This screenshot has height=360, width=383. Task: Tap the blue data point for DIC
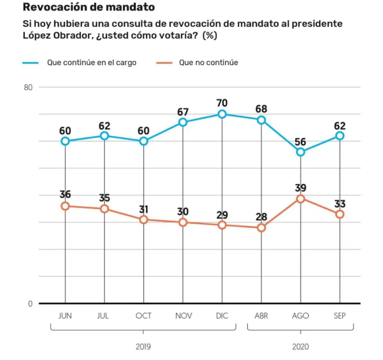pyautogui.click(x=222, y=114)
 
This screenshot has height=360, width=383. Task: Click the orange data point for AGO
pyautogui.click(x=301, y=198)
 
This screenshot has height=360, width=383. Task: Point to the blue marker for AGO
pyautogui.click(x=301, y=152)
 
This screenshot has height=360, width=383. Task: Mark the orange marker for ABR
pyautogui.click(x=261, y=228)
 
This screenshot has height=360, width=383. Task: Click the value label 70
pyautogui.click(x=222, y=103)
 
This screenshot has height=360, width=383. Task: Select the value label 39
pyautogui.click(x=301, y=188)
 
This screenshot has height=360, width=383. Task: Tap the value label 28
pyautogui.click(x=261, y=217)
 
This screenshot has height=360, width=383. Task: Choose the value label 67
pyautogui.click(x=183, y=112)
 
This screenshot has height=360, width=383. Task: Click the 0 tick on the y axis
pyautogui.click(x=30, y=304)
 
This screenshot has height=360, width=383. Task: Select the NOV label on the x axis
pyautogui.click(x=183, y=316)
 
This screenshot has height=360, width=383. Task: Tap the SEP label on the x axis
pyautogui.click(x=340, y=316)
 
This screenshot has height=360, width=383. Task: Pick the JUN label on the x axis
pyautogui.click(x=65, y=316)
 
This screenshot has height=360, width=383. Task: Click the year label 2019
pyautogui.click(x=144, y=346)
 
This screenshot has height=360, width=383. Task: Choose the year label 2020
pyautogui.click(x=301, y=346)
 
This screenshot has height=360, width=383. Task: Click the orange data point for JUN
pyautogui.click(x=65, y=206)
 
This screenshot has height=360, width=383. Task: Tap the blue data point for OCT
pyautogui.click(x=144, y=141)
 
